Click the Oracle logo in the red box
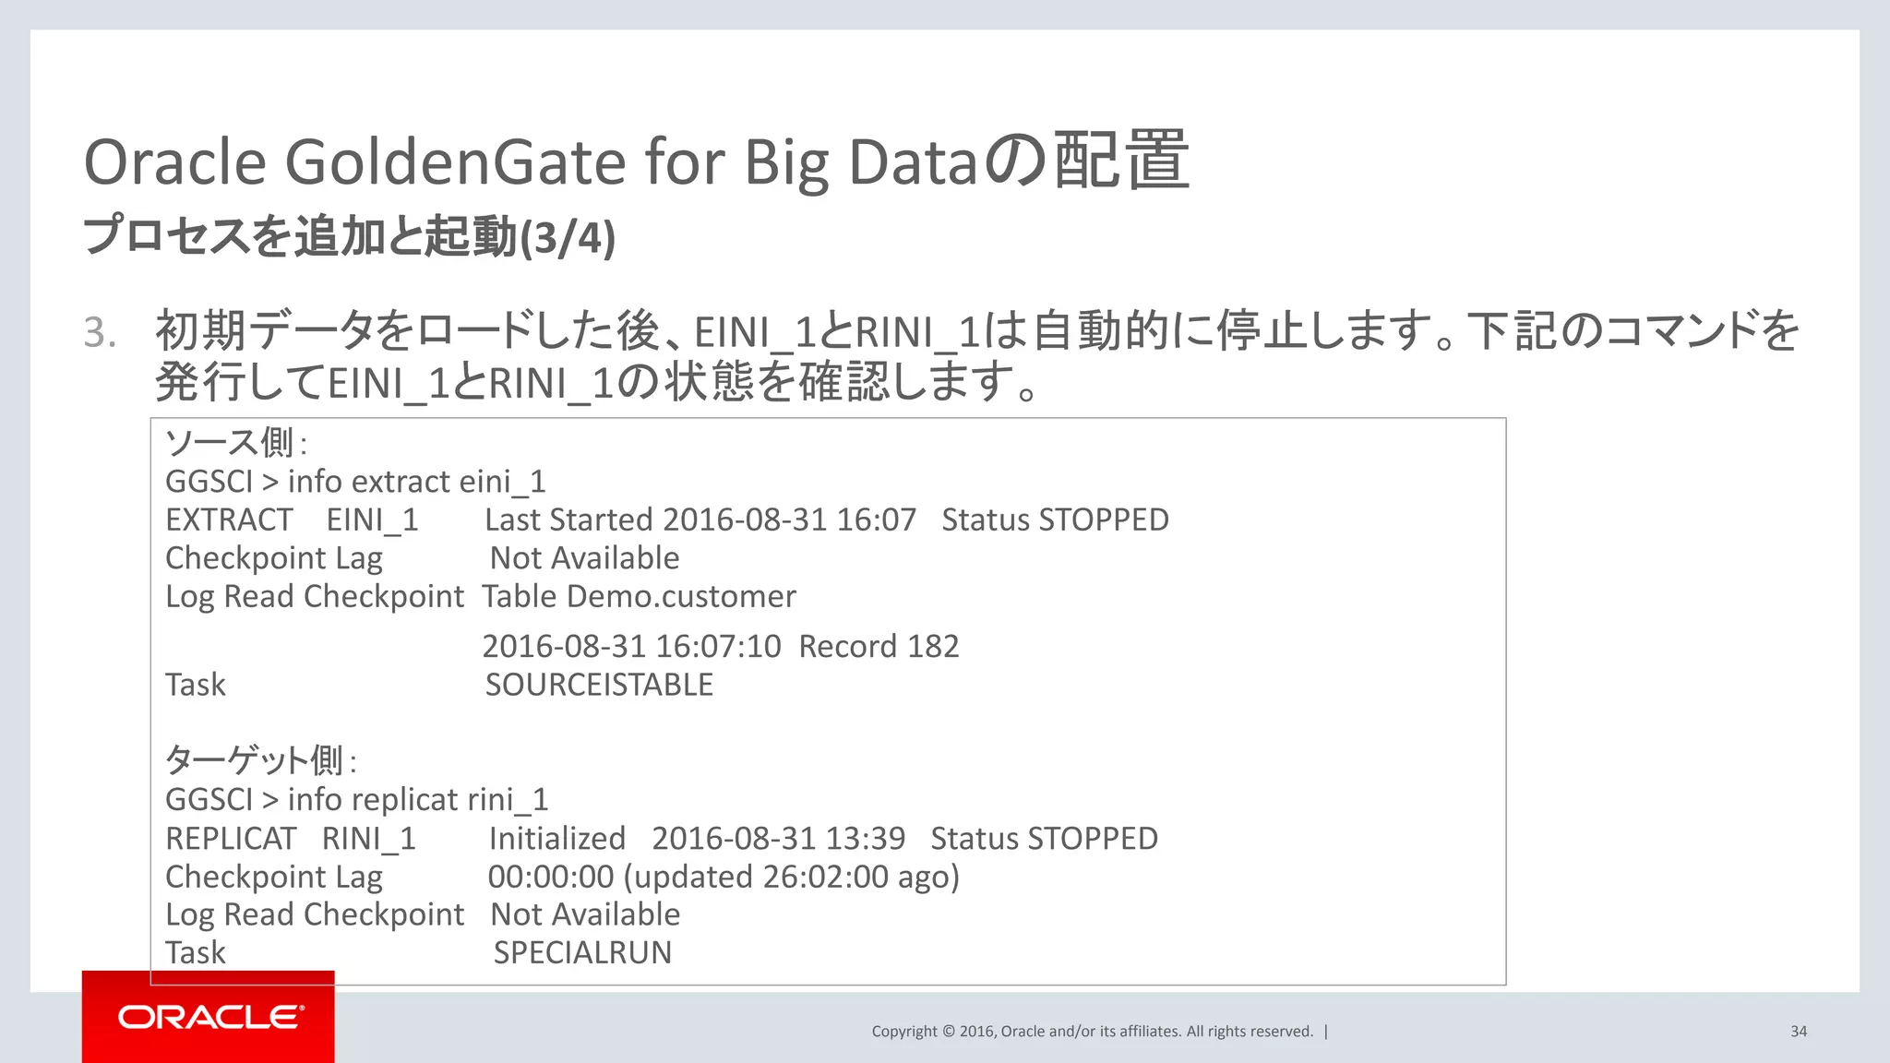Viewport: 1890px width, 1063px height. (x=209, y=1017)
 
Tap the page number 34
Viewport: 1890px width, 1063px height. (x=1799, y=1032)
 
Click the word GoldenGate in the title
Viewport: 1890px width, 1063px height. (x=455, y=162)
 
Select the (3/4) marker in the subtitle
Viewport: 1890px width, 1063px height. (x=568, y=237)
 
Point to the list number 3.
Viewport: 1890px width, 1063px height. (x=100, y=332)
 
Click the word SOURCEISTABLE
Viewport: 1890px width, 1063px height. (x=599, y=685)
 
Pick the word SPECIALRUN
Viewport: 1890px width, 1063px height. (x=582, y=952)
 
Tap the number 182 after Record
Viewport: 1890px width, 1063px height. (x=933, y=646)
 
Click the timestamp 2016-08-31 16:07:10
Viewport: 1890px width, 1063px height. (x=631, y=646)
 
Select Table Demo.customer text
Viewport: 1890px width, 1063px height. (x=639, y=596)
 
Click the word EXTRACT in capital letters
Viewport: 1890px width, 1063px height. (x=229, y=520)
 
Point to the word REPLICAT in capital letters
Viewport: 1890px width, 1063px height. (x=231, y=838)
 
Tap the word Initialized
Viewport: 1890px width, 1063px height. (x=557, y=838)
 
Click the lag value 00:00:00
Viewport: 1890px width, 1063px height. (x=551, y=877)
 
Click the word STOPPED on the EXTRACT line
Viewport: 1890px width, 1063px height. (x=1104, y=520)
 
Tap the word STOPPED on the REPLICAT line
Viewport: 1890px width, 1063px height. (x=1093, y=838)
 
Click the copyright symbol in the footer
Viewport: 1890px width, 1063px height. (x=949, y=1032)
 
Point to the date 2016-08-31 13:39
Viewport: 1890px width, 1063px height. (x=778, y=838)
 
